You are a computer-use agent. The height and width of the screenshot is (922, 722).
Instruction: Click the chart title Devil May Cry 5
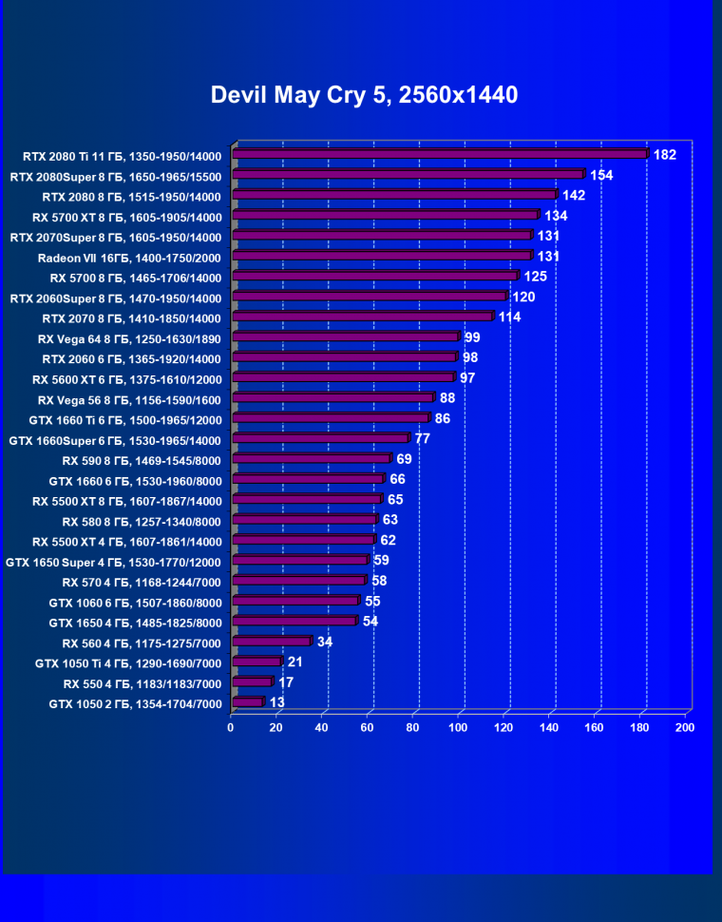tap(364, 95)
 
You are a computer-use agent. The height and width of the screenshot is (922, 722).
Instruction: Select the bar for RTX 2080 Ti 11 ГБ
tap(439, 154)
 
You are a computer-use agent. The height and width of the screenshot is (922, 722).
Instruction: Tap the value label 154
tap(601, 175)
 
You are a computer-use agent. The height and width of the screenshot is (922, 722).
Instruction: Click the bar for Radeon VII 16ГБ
tap(381, 256)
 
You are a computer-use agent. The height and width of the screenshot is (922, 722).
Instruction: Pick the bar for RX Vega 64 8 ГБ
tap(345, 336)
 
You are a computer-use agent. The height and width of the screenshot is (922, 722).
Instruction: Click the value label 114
tap(509, 317)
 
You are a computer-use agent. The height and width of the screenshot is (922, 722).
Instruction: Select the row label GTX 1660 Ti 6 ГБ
tap(126, 420)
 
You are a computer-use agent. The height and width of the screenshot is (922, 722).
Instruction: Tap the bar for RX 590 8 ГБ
tap(311, 459)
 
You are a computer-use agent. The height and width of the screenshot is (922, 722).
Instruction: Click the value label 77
tap(423, 438)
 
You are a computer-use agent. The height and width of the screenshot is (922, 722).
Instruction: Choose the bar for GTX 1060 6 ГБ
tap(294, 601)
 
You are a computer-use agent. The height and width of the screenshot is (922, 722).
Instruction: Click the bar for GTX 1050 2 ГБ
tap(247, 702)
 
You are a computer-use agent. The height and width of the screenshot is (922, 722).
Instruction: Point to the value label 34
tap(325, 642)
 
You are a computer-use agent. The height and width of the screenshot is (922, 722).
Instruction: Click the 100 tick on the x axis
tap(459, 728)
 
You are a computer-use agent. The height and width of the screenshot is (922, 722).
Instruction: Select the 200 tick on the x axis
tap(684, 728)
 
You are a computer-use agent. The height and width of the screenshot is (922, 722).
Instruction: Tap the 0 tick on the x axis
tap(231, 728)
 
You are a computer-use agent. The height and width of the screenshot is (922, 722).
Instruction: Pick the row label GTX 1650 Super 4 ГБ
tap(114, 562)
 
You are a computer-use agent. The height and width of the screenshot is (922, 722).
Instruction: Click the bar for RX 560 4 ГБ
tap(271, 642)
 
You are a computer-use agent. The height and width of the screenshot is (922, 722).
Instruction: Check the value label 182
tap(665, 154)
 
